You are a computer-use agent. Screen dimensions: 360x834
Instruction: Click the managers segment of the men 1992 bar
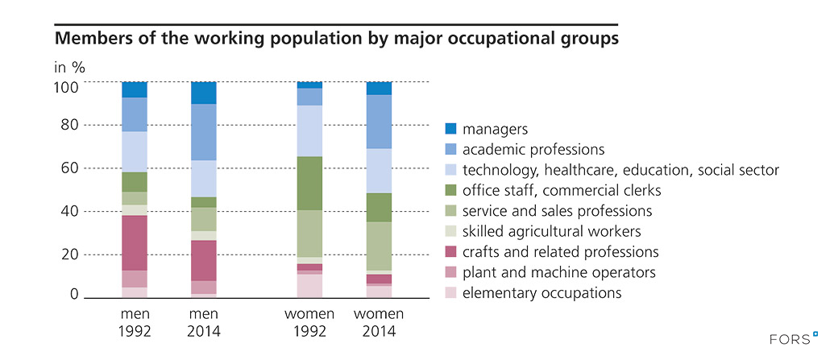(135, 89)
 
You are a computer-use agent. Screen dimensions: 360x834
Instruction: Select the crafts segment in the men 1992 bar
(135, 242)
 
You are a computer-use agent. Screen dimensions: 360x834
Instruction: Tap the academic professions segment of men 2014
(204, 132)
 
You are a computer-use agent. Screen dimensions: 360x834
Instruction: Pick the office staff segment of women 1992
(309, 183)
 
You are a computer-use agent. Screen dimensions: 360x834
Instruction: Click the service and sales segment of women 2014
(379, 246)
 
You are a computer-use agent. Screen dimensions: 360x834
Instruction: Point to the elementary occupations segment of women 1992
(309, 286)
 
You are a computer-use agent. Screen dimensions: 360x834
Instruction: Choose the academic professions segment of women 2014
(379, 122)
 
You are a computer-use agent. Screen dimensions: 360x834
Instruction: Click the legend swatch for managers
(451, 129)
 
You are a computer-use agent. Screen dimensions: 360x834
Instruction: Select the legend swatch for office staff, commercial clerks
(451, 191)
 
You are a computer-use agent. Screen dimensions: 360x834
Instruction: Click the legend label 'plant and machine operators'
(553, 272)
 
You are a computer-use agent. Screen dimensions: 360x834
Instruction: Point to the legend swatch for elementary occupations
(451, 293)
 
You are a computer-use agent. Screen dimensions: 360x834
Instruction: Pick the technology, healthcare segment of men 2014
(204, 179)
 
